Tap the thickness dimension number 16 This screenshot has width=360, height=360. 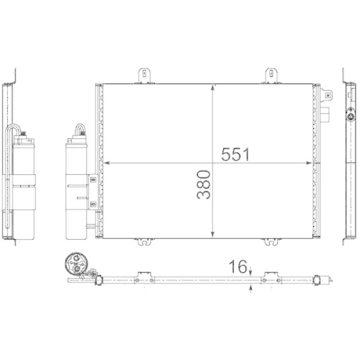point(235,266)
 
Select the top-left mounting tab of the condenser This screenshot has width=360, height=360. point(145,75)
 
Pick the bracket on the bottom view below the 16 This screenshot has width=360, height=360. point(272,274)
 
